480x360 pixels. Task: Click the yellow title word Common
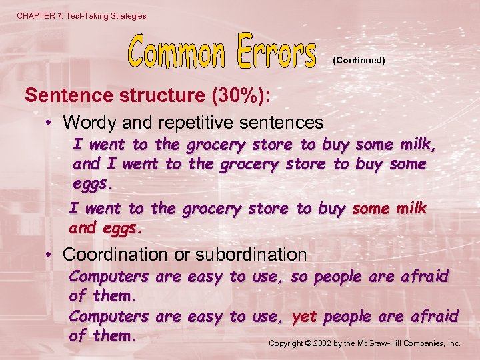(x=177, y=51)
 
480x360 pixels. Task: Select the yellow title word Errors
(x=275, y=51)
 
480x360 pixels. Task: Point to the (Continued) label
(x=359, y=60)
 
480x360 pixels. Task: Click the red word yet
(x=304, y=316)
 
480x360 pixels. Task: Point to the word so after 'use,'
(x=300, y=276)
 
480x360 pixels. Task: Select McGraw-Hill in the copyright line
(x=385, y=344)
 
